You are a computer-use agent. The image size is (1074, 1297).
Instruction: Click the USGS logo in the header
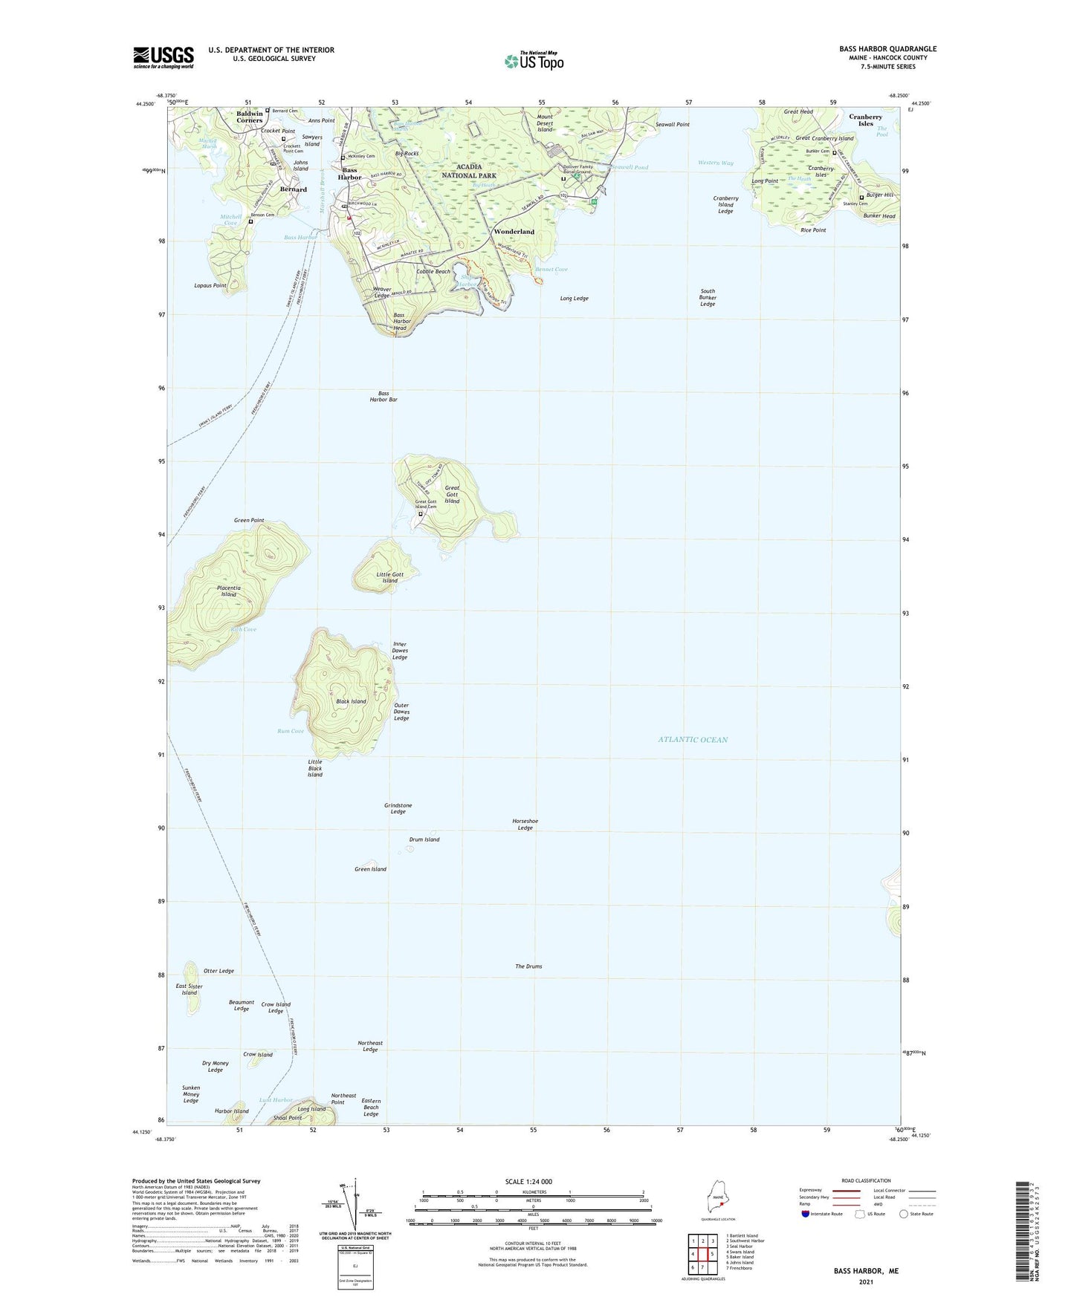163,57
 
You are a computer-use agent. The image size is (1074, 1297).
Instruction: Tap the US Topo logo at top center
534,60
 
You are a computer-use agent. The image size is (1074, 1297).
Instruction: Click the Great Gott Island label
452,495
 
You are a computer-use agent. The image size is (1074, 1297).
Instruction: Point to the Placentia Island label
228,591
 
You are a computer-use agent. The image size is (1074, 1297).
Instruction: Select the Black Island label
351,701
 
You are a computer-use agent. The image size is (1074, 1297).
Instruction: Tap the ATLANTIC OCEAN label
693,740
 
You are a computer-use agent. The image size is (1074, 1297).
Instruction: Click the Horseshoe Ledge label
525,825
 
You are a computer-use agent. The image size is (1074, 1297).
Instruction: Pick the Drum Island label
424,839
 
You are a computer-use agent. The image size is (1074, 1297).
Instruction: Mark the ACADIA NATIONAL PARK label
469,172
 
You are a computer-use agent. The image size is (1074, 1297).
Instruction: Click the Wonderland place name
514,232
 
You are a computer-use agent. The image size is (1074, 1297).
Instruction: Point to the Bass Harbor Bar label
384,397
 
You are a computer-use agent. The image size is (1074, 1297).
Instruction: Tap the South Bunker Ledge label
708,297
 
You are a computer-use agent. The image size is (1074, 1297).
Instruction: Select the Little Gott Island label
390,577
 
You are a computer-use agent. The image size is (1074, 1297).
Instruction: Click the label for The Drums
528,966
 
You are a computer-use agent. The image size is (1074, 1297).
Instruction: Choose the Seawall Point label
673,125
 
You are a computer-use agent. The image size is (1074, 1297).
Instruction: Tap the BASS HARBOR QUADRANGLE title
887,49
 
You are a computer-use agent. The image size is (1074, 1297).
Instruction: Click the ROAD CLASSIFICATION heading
867,1180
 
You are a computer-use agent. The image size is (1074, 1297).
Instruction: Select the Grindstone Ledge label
398,809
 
